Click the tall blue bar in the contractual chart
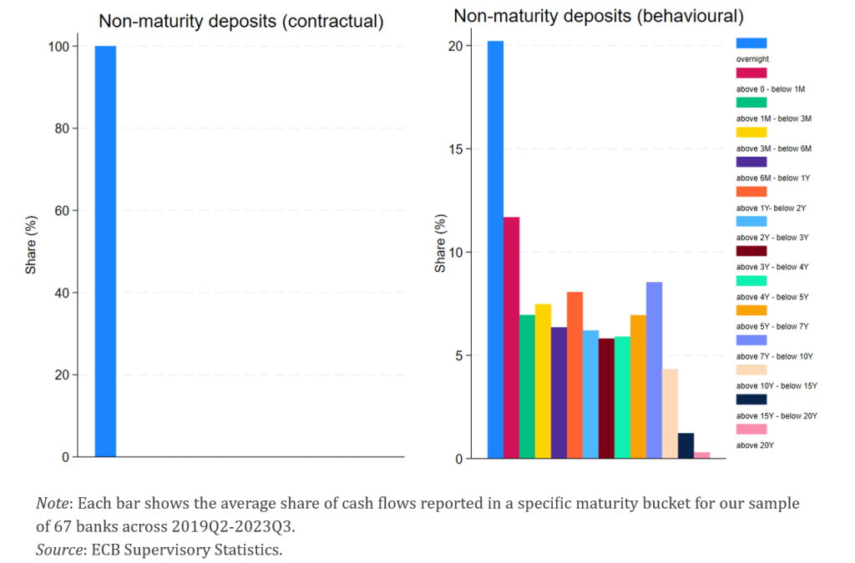click(105, 251)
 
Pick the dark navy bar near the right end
click(686, 445)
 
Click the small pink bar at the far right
click(701, 455)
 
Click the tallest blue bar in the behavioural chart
click(495, 249)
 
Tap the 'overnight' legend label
click(752, 59)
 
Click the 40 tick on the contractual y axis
click(63, 293)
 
